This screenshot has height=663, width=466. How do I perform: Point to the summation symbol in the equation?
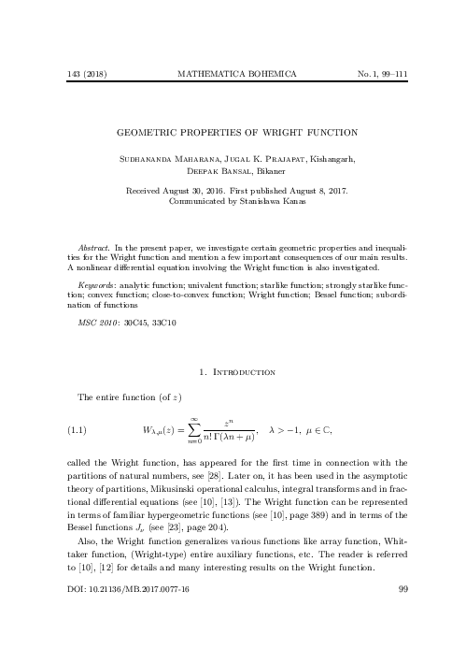point(194,431)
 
